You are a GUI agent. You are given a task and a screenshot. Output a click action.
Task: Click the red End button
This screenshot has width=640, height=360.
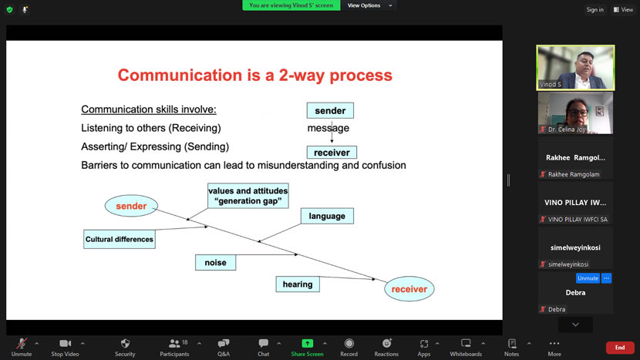pos(620,348)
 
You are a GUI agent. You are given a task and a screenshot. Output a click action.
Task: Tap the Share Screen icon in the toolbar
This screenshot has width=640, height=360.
pos(308,343)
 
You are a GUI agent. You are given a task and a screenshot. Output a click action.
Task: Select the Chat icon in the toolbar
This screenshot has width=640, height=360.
pos(263,343)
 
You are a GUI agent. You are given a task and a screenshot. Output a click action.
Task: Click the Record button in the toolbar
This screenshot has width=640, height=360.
pos(349,343)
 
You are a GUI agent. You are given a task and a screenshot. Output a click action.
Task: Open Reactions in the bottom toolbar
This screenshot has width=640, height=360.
pos(386,343)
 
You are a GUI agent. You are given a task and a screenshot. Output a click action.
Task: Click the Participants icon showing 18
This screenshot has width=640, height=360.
pos(175,343)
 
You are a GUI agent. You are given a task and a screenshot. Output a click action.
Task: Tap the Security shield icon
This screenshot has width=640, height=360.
pos(126,343)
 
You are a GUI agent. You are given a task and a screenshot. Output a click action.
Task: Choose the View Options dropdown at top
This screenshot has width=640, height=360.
pos(369,5)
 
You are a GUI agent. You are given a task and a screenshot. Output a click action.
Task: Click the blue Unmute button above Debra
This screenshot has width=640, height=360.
pos(588,278)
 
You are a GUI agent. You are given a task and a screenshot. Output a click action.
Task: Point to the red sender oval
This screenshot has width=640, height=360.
pos(131,206)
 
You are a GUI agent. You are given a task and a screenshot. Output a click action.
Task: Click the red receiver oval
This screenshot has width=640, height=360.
pos(409,289)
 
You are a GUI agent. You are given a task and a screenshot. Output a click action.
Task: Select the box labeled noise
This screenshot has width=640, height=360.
pos(215,262)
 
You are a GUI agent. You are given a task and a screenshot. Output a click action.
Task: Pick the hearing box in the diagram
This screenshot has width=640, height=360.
pos(298,284)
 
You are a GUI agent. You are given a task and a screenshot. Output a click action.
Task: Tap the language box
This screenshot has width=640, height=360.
pos(327,216)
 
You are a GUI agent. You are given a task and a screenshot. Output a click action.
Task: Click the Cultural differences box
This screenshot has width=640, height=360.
pos(120,239)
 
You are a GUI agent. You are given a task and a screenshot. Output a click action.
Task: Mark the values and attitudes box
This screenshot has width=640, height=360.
pos(248,196)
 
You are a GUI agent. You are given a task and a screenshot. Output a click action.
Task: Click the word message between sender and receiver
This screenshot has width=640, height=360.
pos(328,128)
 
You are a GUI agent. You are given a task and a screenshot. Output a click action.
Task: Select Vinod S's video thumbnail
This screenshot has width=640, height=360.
pos(575,67)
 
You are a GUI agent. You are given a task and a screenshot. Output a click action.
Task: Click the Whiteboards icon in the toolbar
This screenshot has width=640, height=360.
pos(466,343)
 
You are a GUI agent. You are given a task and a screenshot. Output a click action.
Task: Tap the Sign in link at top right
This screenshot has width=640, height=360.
pos(595,9)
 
